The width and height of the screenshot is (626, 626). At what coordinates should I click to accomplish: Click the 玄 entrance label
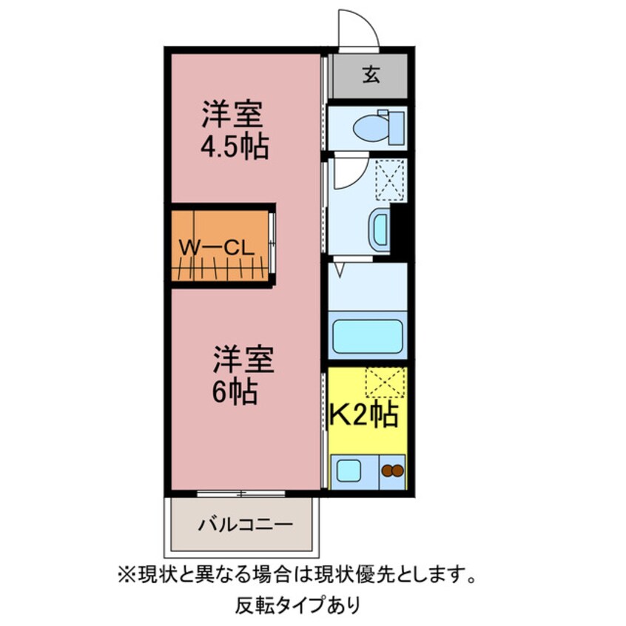pos(371,75)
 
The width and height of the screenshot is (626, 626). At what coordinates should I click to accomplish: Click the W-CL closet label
pos(218,248)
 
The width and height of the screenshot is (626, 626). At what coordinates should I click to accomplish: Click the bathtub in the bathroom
pos(367,337)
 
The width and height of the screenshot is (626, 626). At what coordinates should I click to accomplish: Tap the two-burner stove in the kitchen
pos(392,471)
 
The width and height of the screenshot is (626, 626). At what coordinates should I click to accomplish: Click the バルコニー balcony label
pos(245,525)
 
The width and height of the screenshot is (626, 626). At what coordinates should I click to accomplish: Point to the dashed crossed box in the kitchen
pos(385,383)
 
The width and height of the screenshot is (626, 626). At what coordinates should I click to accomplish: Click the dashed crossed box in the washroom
pos(390,179)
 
